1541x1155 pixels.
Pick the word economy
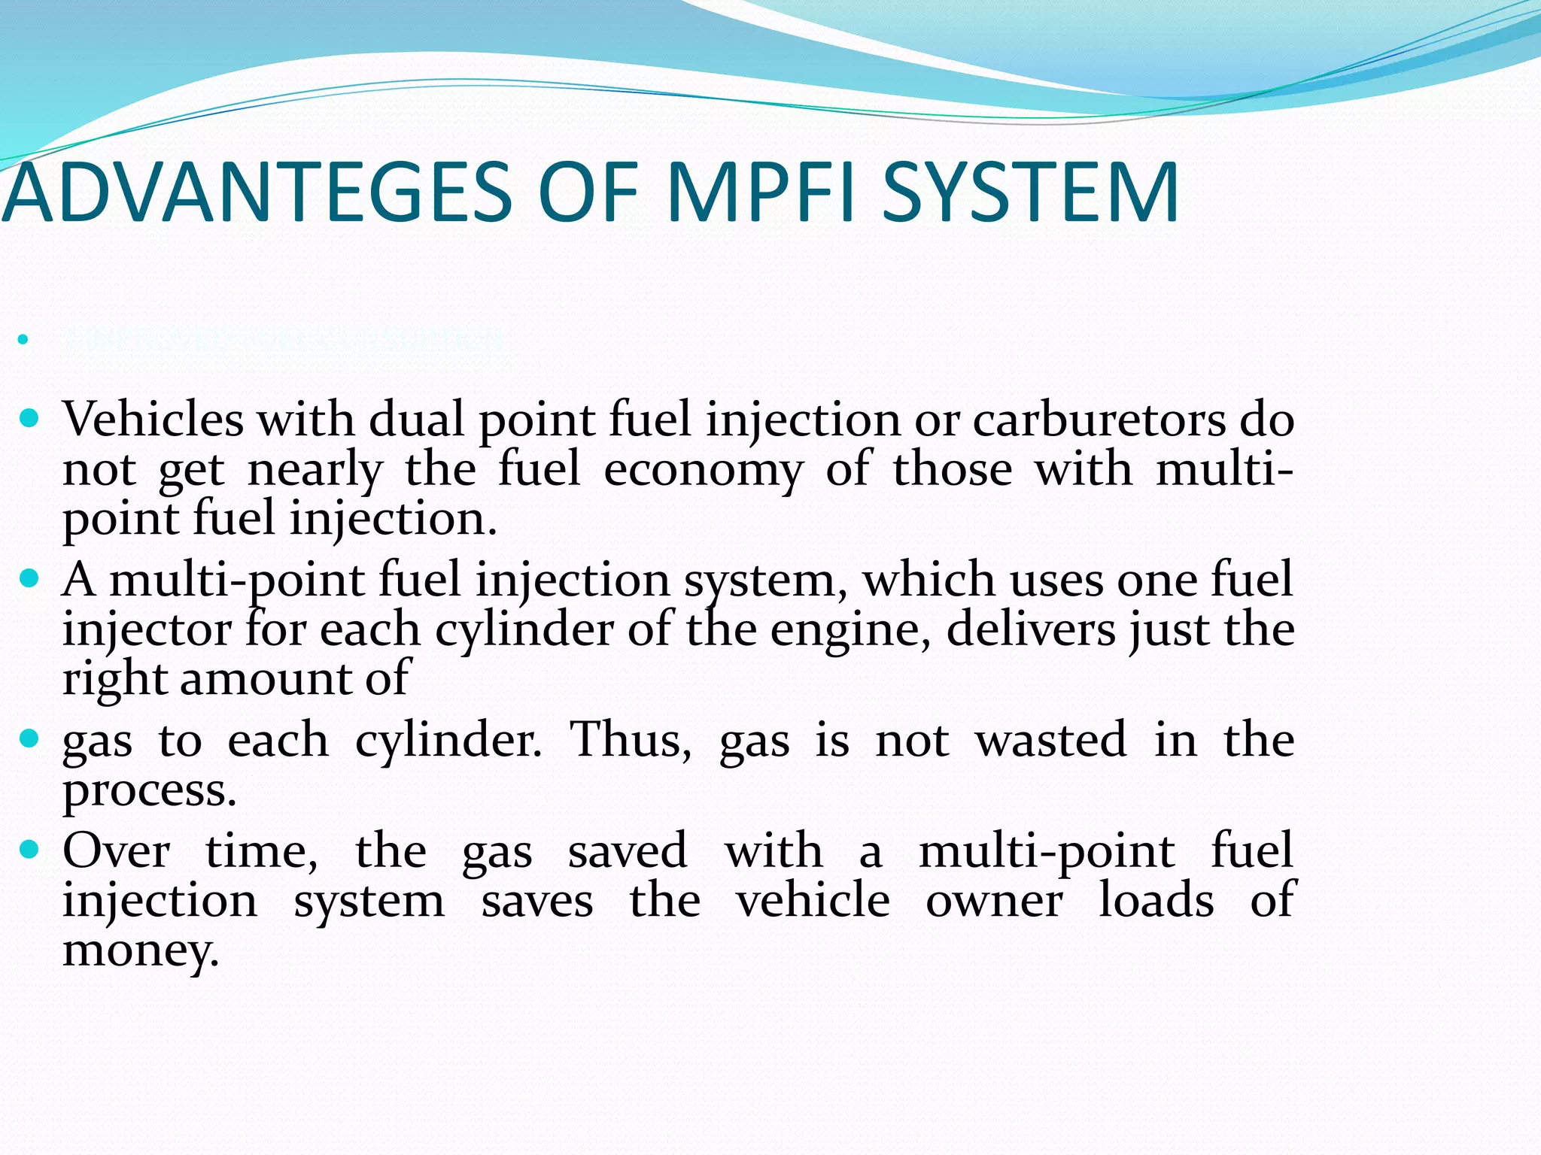[704, 471]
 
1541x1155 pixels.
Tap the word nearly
[315, 471]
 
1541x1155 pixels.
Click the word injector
[147, 629]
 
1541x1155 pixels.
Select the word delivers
[1031, 629]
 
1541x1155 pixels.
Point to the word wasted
[1051, 740]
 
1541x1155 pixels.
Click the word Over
[117, 851]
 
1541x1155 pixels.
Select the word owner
[994, 901]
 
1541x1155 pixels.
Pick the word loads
[1156, 901]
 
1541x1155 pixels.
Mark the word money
[140, 950]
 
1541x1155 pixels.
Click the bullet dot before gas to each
[29, 738]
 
